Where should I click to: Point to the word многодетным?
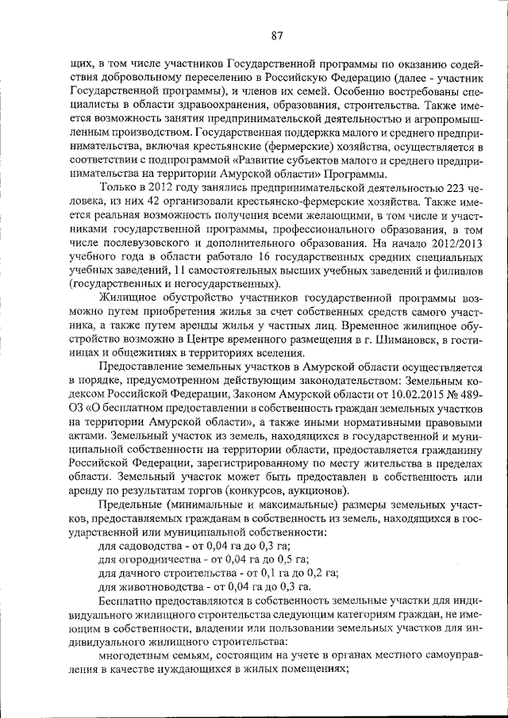[131, 655]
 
